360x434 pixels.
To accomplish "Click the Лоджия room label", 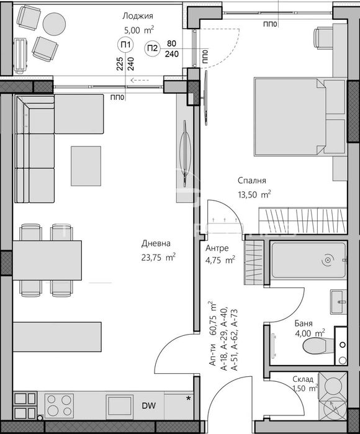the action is pyautogui.click(x=138, y=16).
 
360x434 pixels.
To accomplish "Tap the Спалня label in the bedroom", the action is pyautogui.click(x=252, y=181).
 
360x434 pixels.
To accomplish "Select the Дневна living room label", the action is pyautogui.click(x=156, y=243).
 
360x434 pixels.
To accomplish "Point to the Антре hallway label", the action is pyautogui.click(x=217, y=248).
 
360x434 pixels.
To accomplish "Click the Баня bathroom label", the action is pyautogui.click(x=304, y=323).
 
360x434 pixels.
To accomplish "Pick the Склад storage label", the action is pyautogui.click(x=303, y=379).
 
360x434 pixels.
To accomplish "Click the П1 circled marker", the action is pyautogui.click(x=125, y=45).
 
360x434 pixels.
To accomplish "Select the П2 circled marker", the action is pyautogui.click(x=152, y=48).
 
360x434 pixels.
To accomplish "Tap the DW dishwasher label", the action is pyautogui.click(x=148, y=406).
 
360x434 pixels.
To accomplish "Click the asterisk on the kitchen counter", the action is pyautogui.click(x=189, y=399).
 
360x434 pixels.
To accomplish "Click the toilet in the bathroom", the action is pyautogui.click(x=318, y=346).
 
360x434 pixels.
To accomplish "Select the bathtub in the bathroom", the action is pyautogui.click(x=309, y=260).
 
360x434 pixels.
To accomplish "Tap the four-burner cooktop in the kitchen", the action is pyautogui.click(x=59, y=405).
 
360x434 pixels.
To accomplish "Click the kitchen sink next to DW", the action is pyautogui.click(x=120, y=405).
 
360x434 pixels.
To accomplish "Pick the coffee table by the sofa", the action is pyautogui.click(x=86, y=166).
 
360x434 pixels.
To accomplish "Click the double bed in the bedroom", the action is pyautogui.click(x=290, y=116).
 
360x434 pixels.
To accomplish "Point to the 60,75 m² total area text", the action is pyautogui.click(x=214, y=319).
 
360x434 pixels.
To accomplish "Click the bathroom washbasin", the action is pyautogui.click(x=338, y=302).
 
